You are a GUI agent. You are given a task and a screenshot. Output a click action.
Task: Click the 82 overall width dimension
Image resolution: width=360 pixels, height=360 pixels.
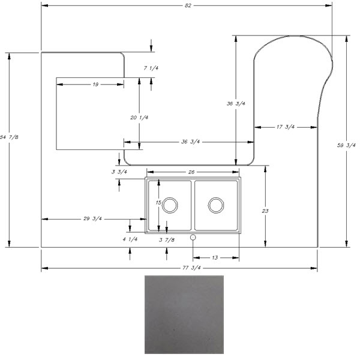(188, 5)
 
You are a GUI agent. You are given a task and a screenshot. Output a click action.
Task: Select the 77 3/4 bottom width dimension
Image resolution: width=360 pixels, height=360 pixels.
(191, 268)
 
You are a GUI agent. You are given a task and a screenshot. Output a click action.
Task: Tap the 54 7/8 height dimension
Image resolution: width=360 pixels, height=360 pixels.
(9, 137)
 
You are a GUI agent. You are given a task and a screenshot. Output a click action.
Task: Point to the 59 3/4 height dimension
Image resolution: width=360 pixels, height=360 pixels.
(346, 145)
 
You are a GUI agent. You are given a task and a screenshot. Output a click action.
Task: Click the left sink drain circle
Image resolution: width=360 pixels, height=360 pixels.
(170, 205)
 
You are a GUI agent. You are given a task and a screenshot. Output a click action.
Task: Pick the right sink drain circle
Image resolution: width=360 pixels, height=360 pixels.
(216, 205)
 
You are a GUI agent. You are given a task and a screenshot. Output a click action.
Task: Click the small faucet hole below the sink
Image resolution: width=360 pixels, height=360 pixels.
(193, 238)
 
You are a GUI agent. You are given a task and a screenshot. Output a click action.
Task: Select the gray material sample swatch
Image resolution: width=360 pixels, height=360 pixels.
(184, 314)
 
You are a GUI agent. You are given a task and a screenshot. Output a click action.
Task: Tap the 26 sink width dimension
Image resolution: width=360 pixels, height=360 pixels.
(191, 172)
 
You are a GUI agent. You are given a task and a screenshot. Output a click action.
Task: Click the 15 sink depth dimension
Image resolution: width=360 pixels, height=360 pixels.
(158, 203)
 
